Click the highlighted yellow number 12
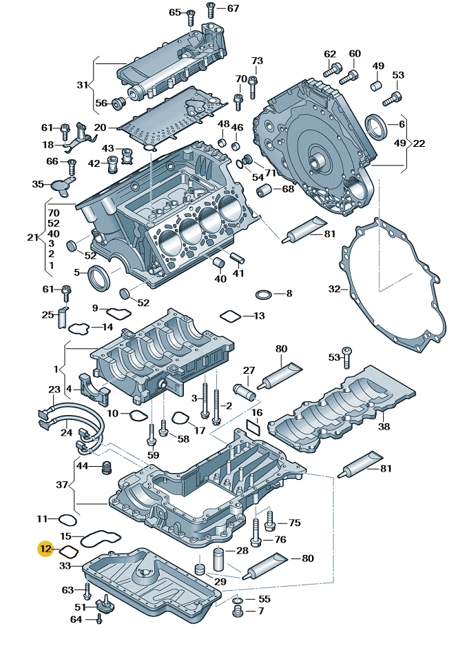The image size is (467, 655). click(45, 550)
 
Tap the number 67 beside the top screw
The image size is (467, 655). click(233, 8)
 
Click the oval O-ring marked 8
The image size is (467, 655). click(264, 294)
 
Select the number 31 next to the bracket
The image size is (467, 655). click(83, 85)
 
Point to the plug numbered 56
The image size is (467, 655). click(117, 103)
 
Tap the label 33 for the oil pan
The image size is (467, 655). click(65, 565)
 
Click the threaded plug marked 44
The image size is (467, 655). click(105, 468)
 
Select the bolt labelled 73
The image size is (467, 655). click(253, 83)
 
